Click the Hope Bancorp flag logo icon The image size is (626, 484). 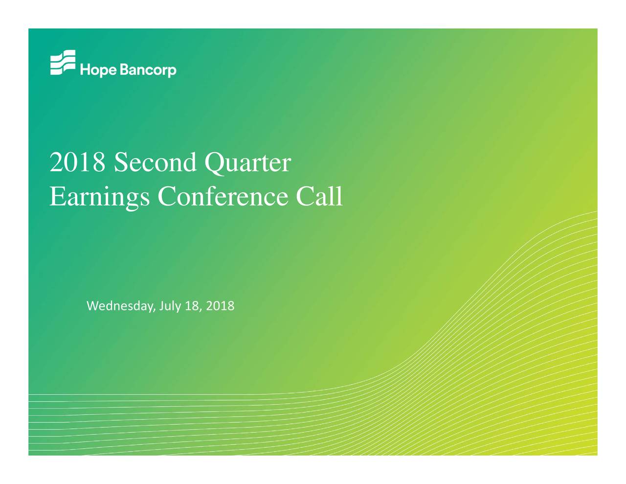click(x=63, y=62)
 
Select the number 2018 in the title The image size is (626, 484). click(x=77, y=162)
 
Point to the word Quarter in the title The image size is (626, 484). click(x=247, y=164)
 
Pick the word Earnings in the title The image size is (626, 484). click(x=100, y=198)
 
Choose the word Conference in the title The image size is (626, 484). click(x=223, y=196)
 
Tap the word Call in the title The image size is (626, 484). click(x=319, y=196)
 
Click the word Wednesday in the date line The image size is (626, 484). click(x=121, y=306)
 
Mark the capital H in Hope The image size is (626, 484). click(x=85, y=70)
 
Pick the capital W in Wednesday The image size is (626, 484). click(x=93, y=306)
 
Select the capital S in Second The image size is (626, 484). click(x=120, y=162)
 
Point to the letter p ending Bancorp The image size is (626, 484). click(x=172, y=72)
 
